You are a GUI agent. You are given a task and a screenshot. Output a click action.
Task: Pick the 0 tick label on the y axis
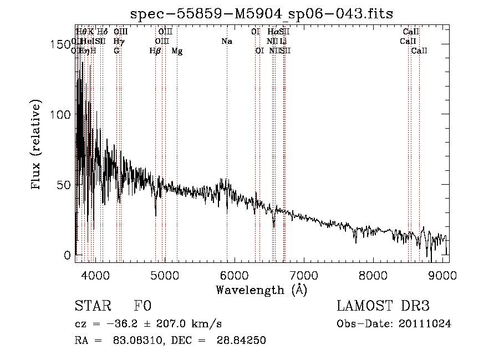67,256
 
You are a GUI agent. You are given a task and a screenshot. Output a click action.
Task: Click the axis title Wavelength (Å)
261,290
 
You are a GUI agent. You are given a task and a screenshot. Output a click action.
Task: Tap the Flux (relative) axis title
37,145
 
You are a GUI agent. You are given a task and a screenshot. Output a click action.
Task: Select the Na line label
227,42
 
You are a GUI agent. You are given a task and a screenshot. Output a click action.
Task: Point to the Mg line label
177,51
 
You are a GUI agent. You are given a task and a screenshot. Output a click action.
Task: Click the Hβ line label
155,51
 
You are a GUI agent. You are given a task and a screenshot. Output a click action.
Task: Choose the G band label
116,51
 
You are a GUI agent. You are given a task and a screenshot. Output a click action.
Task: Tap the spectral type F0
142,307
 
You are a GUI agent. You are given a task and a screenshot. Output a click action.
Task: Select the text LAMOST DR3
383,307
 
